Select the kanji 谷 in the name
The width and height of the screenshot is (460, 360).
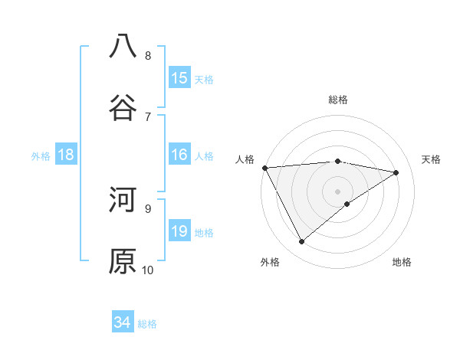(123, 107)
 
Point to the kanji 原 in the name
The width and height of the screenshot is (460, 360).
(123, 261)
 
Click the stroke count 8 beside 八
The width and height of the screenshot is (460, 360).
(148, 55)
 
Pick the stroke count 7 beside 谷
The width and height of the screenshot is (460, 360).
(148, 116)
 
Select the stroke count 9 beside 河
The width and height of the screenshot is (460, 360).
(148, 208)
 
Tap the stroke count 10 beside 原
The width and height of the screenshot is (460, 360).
(148, 270)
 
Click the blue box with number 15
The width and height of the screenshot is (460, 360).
(179, 78)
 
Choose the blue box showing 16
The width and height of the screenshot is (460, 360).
(179, 155)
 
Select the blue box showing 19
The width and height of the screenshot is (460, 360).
(179, 231)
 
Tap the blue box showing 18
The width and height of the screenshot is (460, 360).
(66, 155)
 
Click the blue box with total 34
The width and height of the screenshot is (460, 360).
(123, 323)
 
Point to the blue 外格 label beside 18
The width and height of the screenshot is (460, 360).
(41, 156)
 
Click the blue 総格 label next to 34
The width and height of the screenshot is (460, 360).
(147, 324)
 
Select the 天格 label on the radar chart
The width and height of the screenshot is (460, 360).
(432, 159)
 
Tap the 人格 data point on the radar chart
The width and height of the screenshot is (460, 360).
(264, 168)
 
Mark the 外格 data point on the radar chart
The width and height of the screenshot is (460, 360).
(301, 242)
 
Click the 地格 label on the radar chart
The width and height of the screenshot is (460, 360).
(402, 262)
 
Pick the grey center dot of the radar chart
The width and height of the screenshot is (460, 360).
(337, 190)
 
